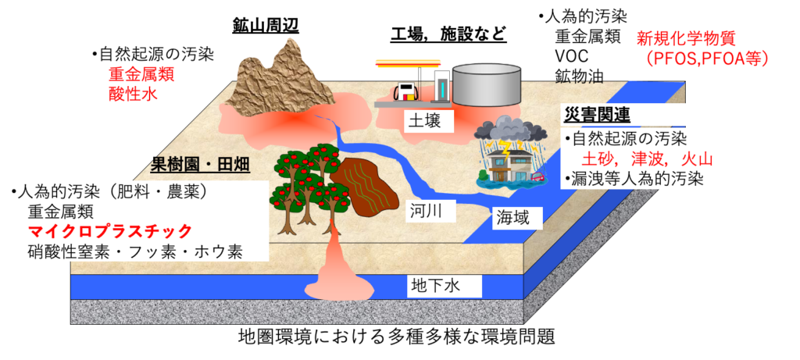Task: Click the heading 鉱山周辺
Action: [x=265, y=25]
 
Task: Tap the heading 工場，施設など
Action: [x=448, y=34]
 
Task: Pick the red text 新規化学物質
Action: [x=686, y=38]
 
